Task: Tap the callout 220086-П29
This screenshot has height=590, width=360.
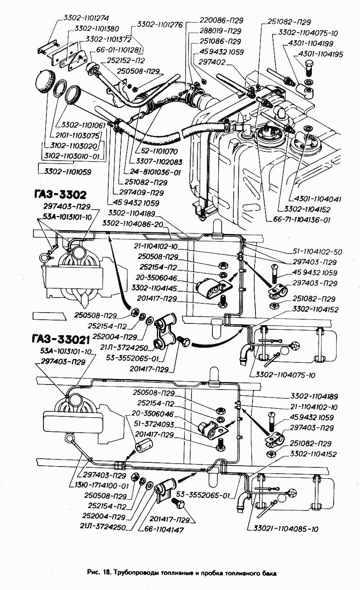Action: click(x=221, y=20)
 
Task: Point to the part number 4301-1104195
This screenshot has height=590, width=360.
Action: click(x=321, y=54)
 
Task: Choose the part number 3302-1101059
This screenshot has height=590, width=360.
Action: click(x=67, y=172)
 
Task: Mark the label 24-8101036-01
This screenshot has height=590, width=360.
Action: click(x=155, y=172)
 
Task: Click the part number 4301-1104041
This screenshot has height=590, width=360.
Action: click(x=315, y=199)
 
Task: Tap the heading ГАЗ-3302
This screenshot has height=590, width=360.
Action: click(x=60, y=195)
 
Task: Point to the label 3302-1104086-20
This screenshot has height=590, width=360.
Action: click(x=133, y=223)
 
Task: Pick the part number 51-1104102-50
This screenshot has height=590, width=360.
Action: click(x=317, y=252)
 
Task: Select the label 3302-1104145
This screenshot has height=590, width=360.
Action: click(x=154, y=288)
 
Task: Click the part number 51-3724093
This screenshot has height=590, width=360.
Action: click(x=154, y=424)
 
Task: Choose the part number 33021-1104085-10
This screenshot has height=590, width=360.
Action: click(x=286, y=528)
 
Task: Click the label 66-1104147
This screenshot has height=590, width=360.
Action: click(x=163, y=529)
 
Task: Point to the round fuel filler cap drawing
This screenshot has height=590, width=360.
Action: click(x=45, y=81)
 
